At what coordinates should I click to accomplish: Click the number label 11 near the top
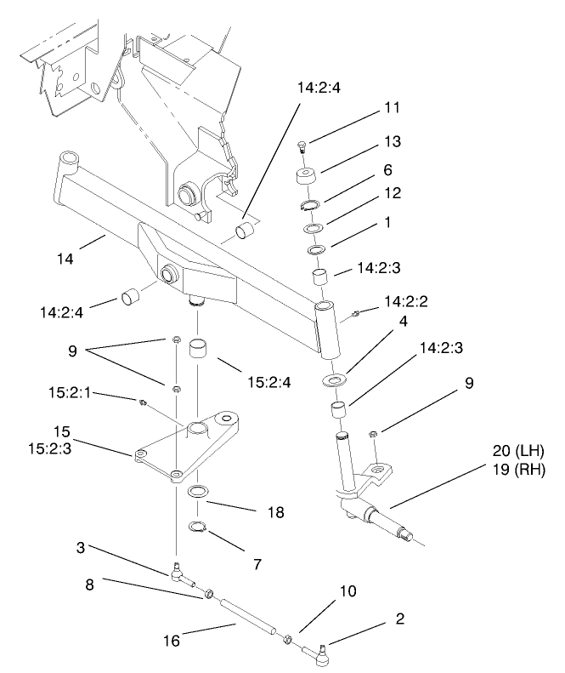[x=391, y=108]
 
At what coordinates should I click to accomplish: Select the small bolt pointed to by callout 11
[x=302, y=149]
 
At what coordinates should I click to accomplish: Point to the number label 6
[x=387, y=170]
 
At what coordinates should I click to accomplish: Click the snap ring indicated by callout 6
[x=311, y=205]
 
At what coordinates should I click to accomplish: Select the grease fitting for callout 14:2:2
[x=357, y=315]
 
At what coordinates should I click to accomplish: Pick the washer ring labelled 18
[x=200, y=491]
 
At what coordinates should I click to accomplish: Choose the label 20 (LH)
[x=518, y=450]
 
